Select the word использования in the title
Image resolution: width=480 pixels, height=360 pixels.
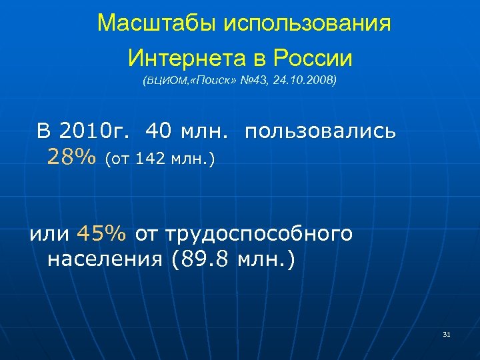click(x=307, y=24)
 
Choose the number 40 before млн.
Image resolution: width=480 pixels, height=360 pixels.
click(x=158, y=131)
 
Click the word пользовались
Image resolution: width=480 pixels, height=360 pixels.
click(x=321, y=131)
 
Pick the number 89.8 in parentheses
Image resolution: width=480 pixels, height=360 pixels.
click(x=205, y=259)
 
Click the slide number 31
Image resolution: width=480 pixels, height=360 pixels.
click(x=447, y=333)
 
